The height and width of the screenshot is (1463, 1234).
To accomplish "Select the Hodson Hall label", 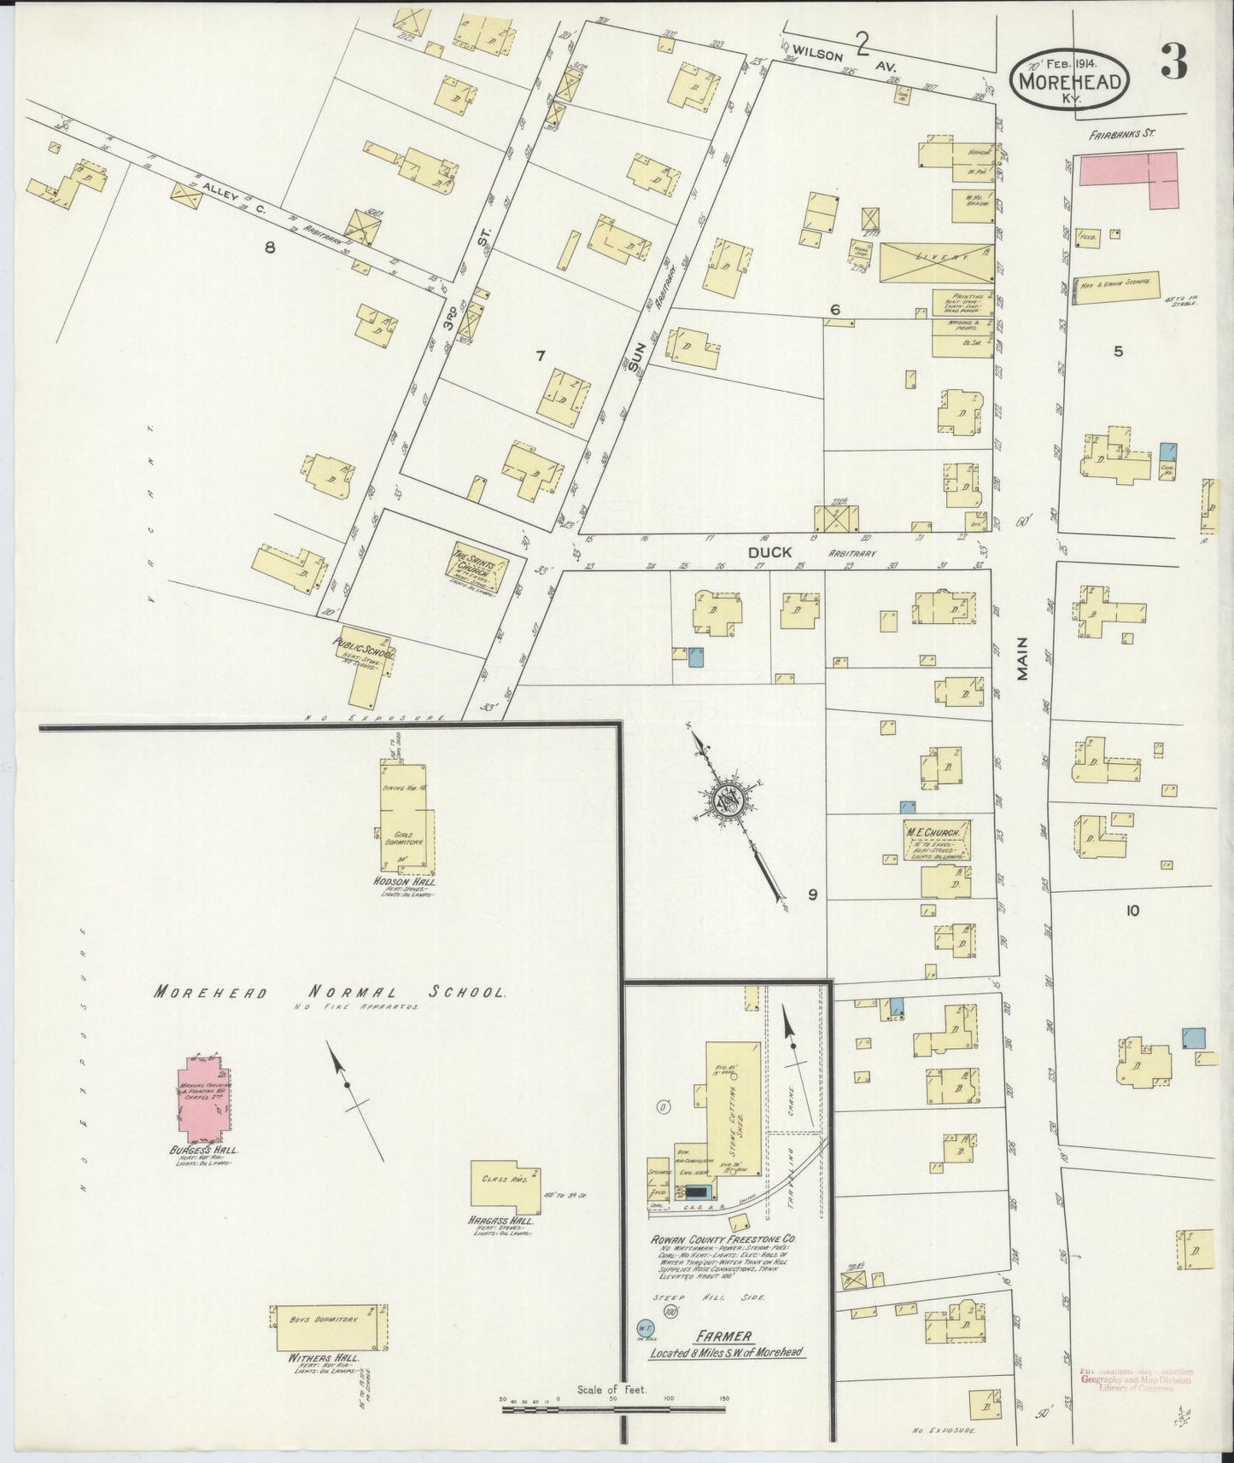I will click(405, 882).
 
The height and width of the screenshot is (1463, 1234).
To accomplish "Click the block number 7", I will click(539, 356).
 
